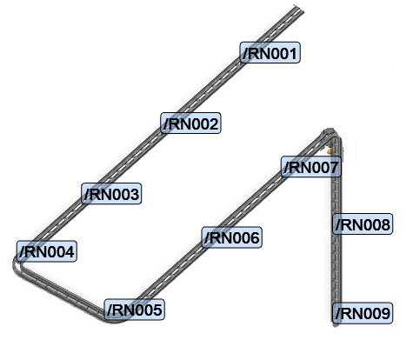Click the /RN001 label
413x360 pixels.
(x=270, y=52)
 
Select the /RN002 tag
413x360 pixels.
(x=190, y=123)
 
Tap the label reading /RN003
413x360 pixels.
(x=111, y=193)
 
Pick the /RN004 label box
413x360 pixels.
(x=47, y=251)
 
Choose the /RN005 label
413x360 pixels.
(x=135, y=310)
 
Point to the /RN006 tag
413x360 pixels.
(x=232, y=237)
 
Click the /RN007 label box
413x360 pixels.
(x=311, y=167)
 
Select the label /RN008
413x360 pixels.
(x=363, y=224)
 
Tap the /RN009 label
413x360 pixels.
(x=363, y=313)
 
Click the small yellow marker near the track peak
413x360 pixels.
(x=330, y=150)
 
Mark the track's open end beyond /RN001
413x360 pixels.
(x=298, y=9)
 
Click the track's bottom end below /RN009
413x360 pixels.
(x=336, y=324)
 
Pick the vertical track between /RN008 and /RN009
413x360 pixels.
(x=336, y=269)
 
